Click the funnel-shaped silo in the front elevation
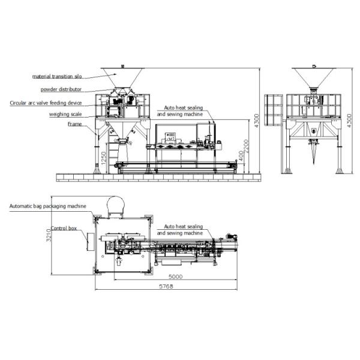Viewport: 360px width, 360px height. point(121,77)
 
